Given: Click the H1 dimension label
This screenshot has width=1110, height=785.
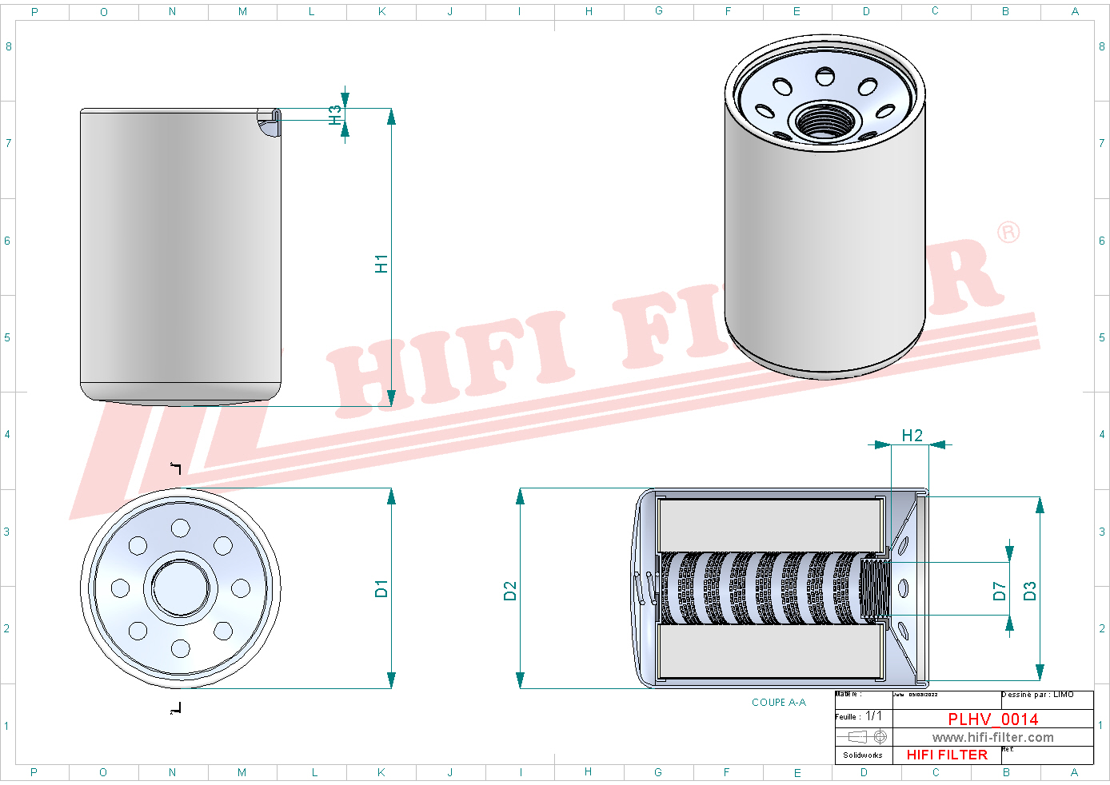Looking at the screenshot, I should click(381, 264).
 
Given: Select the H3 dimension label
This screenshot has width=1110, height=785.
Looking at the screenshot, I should click(335, 115).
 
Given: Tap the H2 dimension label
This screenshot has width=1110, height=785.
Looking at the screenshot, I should click(912, 436).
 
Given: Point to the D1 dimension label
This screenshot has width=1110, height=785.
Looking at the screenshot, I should click(381, 589).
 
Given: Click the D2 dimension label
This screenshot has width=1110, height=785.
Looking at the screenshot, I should click(510, 591).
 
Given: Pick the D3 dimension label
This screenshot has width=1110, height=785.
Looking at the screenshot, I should click(1030, 591).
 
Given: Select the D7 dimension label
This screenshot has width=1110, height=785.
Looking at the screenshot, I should click(999, 591).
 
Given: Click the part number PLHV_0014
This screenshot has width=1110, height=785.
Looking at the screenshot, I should click(992, 719).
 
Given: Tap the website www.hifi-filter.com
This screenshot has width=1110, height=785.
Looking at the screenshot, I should click(992, 738).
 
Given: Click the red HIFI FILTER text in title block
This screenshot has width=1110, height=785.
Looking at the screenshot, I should click(947, 755).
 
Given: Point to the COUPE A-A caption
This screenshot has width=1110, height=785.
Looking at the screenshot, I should click(778, 703).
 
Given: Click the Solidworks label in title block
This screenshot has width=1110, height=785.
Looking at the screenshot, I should click(863, 755).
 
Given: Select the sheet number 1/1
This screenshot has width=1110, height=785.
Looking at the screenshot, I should click(874, 716).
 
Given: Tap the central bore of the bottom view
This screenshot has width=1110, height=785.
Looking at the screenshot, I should click(181, 588).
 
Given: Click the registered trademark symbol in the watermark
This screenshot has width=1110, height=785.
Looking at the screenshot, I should click(1008, 233).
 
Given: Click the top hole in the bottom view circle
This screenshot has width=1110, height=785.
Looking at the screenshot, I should click(181, 528).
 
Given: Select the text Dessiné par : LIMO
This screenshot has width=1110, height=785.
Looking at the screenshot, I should click(1037, 695).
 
